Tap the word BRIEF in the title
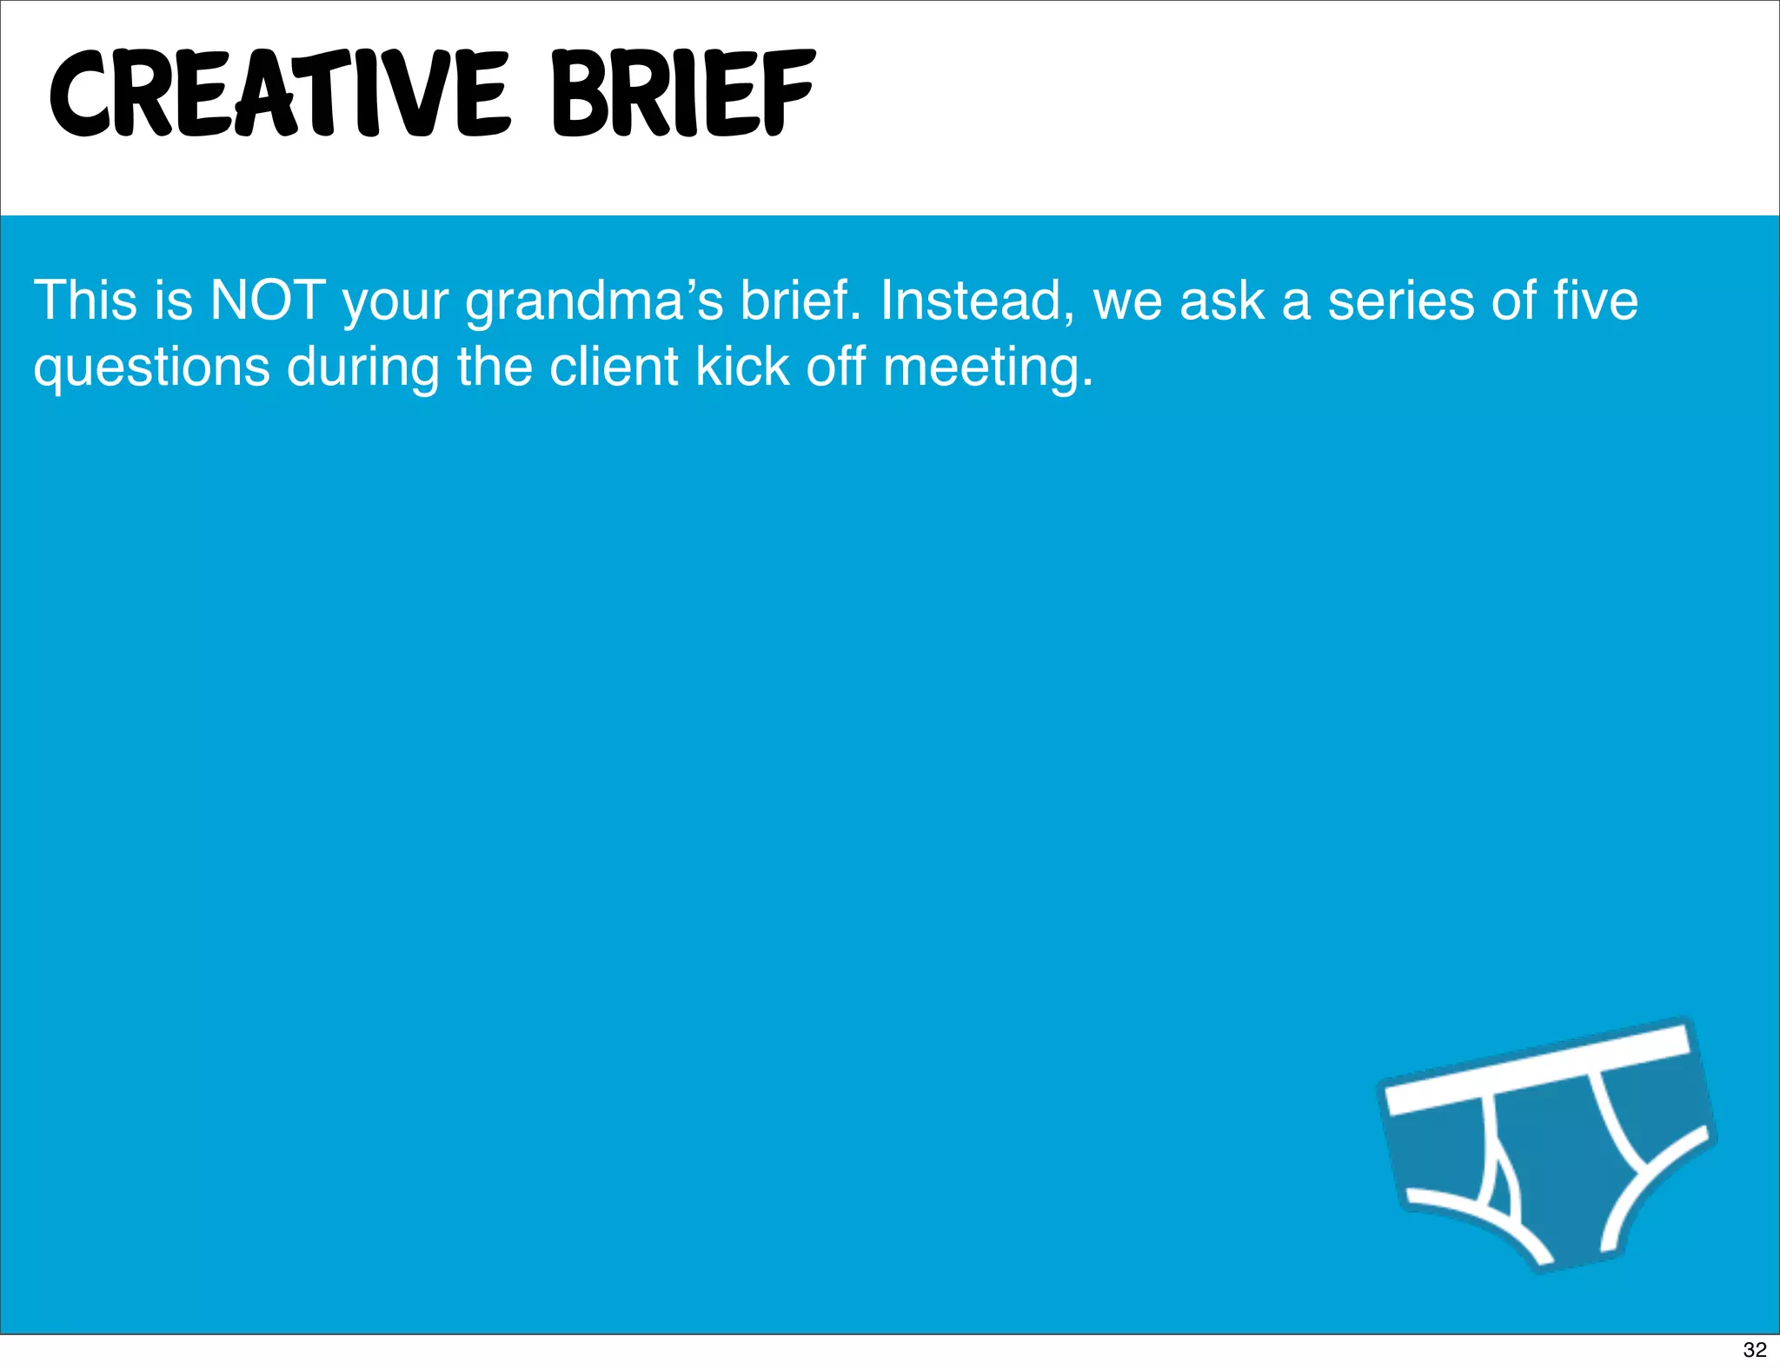[x=683, y=94]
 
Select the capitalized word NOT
[x=268, y=301]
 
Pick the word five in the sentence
[x=1596, y=301]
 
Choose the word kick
[x=742, y=367]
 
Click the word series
[x=1401, y=301]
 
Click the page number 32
[x=1755, y=1349]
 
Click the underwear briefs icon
[x=1548, y=1155]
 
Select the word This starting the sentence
[x=86, y=301]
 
